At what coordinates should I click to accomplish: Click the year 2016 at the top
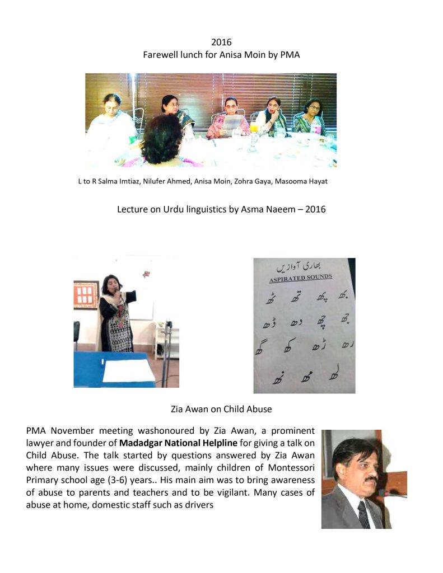click(x=221, y=43)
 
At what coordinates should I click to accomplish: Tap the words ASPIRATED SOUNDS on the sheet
click(x=301, y=277)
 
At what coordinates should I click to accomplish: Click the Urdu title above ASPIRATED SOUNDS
click(x=303, y=265)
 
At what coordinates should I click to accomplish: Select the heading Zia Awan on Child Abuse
click(x=221, y=409)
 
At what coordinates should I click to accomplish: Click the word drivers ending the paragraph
click(x=200, y=504)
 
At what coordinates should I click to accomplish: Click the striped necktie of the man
click(x=364, y=514)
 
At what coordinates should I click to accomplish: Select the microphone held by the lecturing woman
click(x=117, y=290)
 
